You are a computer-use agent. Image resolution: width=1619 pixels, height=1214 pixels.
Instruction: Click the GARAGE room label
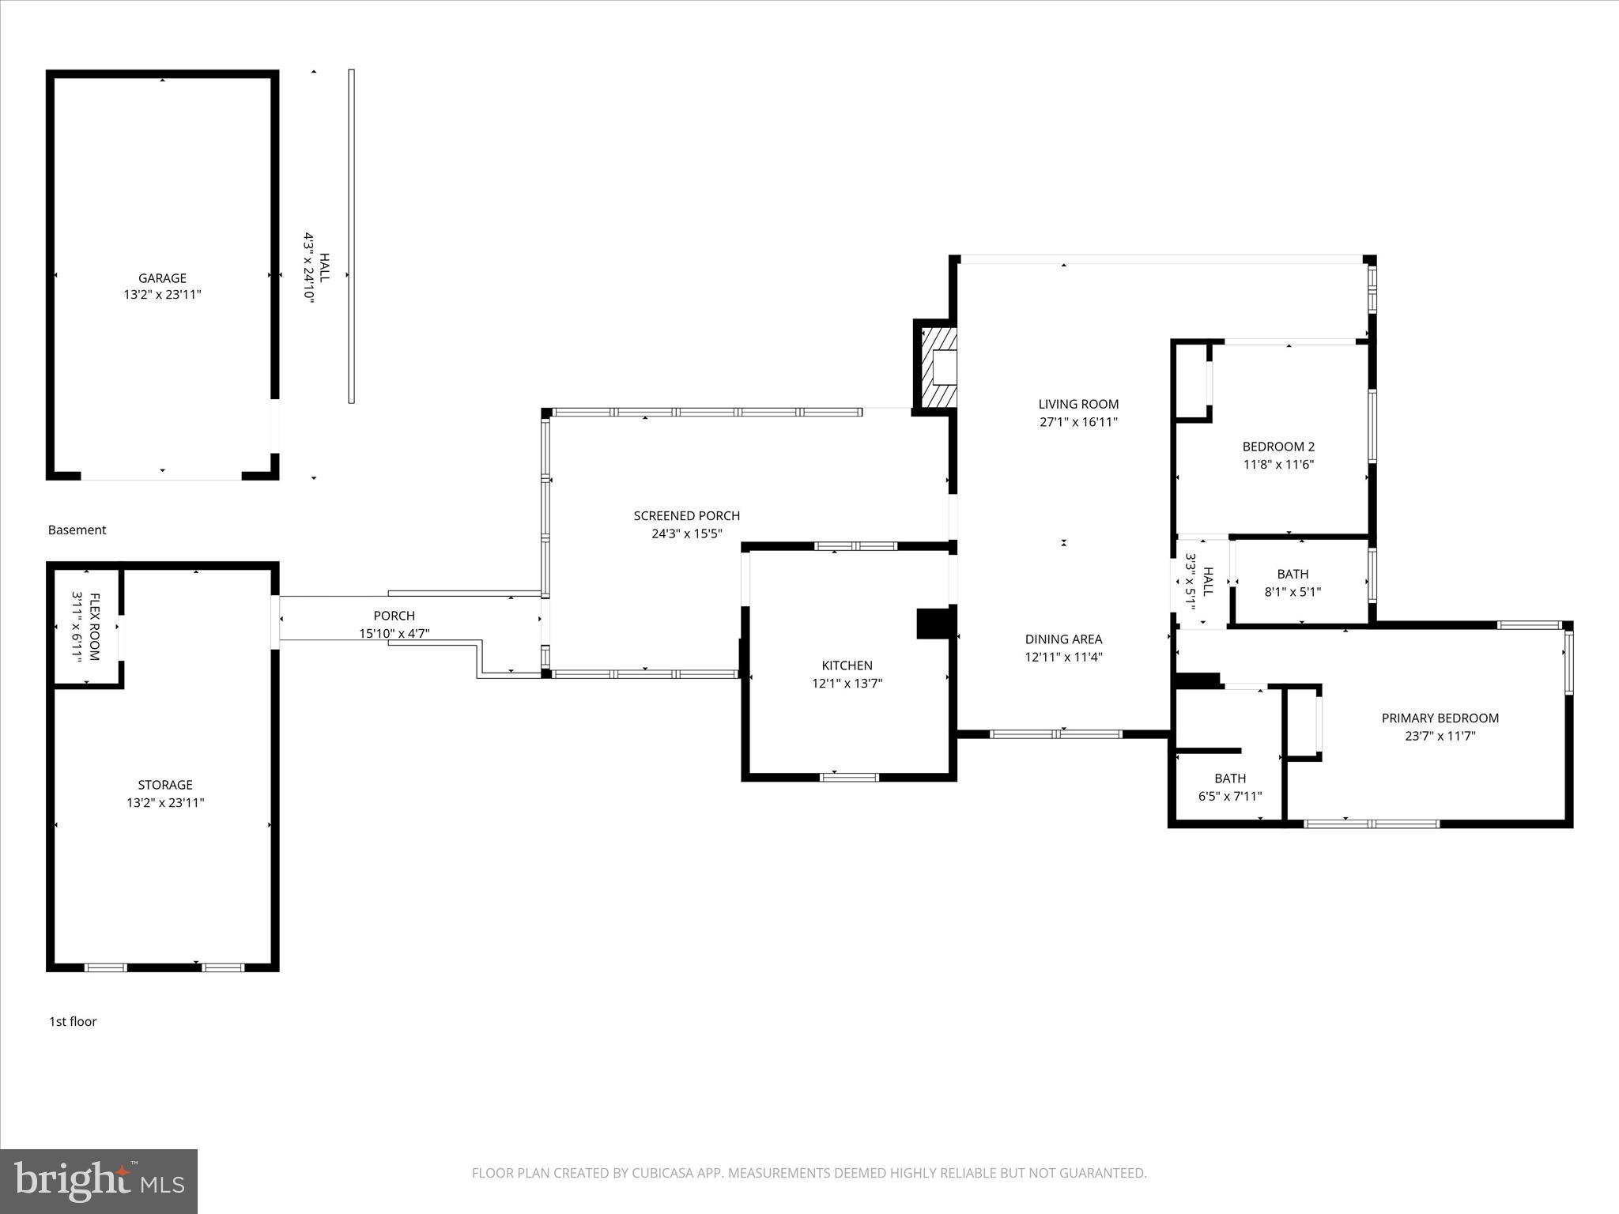[162, 278]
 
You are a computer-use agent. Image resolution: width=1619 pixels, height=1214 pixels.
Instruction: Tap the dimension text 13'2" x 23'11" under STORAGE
[165, 802]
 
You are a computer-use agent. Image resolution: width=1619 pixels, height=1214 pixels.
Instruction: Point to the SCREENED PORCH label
[686, 516]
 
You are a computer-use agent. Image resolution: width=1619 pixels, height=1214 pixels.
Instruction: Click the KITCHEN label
[847, 665]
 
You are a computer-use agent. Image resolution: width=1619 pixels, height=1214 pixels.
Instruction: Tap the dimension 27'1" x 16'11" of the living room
[1078, 422]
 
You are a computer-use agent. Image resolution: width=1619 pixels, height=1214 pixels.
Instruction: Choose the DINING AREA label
[1063, 639]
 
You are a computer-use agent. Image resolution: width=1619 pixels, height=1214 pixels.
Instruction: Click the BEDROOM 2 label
[1278, 447]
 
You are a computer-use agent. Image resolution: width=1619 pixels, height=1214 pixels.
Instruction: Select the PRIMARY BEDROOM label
[1440, 718]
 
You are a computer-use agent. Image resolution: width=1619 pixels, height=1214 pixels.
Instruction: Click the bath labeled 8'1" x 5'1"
[1293, 582]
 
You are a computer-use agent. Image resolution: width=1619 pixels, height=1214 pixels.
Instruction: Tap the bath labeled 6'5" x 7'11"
[1230, 787]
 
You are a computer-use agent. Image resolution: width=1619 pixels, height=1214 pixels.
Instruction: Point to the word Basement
[77, 530]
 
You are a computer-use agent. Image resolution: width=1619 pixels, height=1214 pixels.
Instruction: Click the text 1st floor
[73, 1021]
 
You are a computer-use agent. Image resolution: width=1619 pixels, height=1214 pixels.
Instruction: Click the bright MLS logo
[99, 1181]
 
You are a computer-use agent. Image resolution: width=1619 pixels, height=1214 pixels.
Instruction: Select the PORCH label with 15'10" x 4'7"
[394, 624]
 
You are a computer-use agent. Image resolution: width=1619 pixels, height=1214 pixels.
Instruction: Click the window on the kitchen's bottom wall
[849, 777]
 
